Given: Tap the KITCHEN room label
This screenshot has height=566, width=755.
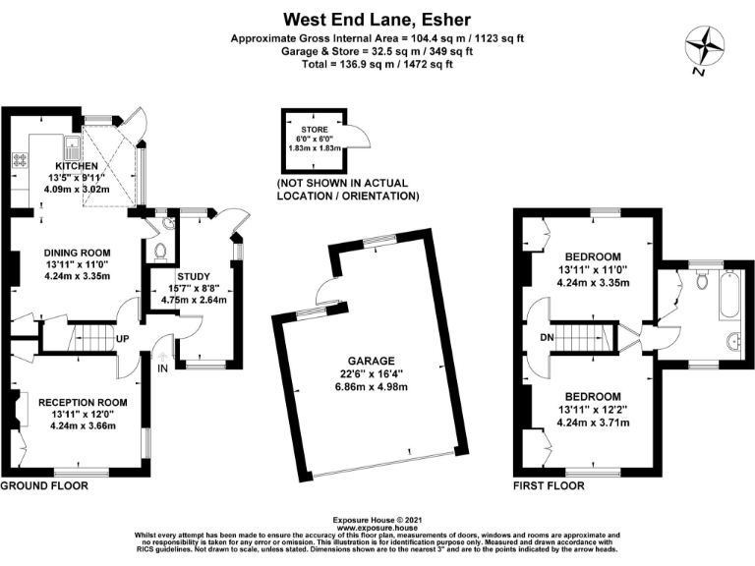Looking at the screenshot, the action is point(77,166).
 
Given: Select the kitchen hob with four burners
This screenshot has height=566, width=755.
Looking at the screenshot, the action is point(21,159).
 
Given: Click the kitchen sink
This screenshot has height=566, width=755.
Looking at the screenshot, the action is point(71,147).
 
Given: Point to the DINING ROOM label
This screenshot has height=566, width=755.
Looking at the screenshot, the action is point(77,253).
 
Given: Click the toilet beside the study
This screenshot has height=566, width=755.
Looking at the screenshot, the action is point(159,252).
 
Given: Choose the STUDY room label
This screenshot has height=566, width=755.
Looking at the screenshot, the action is point(194,277).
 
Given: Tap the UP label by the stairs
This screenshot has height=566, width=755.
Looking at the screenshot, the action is point(122,339).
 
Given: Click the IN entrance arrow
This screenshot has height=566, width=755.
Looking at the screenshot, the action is point(162,357).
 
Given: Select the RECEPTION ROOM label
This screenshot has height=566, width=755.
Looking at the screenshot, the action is point(83,402).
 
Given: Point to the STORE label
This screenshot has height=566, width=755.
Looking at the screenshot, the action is point(315,130).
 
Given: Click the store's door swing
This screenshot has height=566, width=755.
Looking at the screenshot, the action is point(359,137).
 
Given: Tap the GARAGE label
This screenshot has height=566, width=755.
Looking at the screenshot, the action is point(372,361).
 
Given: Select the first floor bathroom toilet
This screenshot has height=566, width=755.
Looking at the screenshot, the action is point(703,280).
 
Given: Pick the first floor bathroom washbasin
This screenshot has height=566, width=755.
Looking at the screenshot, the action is point(732,341).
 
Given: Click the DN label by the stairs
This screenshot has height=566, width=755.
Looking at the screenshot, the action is point(547,338).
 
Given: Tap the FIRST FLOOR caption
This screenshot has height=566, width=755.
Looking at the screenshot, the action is point(549,485).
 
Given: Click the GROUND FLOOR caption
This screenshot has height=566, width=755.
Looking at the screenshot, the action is point(44,485).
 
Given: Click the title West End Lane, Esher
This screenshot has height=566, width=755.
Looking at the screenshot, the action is point(377,20).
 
